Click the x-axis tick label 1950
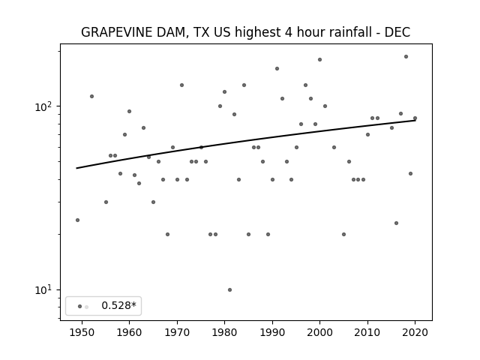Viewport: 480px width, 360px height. tap(82, 333)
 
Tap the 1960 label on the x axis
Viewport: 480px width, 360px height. tap(129, 333)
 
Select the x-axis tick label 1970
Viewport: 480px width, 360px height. tap(177, 333)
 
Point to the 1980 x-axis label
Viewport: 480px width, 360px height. tap(224, 333)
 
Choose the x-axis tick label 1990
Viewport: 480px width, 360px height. tap(272, 333)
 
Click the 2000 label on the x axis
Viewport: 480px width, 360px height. tap(319, 333)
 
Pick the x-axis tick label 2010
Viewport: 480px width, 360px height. tap(367, 333)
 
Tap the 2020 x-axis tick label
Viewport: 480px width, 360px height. tap(415, 333)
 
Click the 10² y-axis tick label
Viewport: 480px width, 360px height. tap(44, 106)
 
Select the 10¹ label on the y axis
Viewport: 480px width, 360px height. tap(44, 290)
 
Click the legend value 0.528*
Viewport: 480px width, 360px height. tap(118, 305)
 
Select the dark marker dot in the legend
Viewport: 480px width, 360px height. tap(80, 307)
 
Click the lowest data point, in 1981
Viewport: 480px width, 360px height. tap(230, 290)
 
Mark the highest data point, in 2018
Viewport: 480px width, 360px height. tap(406, 57)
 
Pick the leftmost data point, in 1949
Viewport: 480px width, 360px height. tap(77, 220)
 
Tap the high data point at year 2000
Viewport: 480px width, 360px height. tap(320, 60)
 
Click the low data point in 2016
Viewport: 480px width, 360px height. tap(397, 223)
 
